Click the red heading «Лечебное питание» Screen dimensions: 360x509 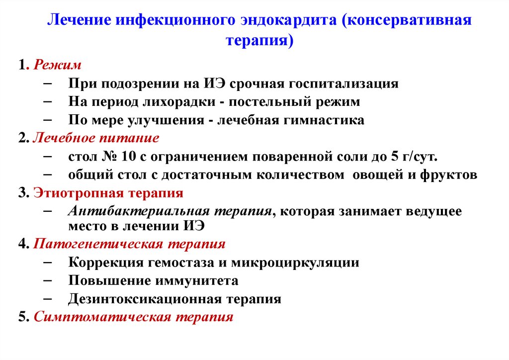pyautogui.click(x=96, y=138)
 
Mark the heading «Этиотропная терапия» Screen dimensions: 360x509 pyautogui.click(x=108, y=193)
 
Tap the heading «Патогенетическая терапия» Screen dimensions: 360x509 pyautogui.click(x=129, y=244)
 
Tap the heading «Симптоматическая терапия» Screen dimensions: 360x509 pyautogui.click(x=133, y=317)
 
